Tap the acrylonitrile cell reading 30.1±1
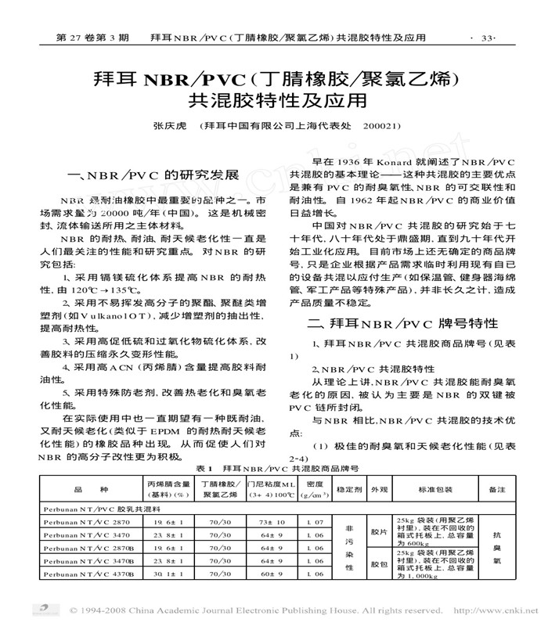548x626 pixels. pyautogui.click(x=167, y=574)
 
